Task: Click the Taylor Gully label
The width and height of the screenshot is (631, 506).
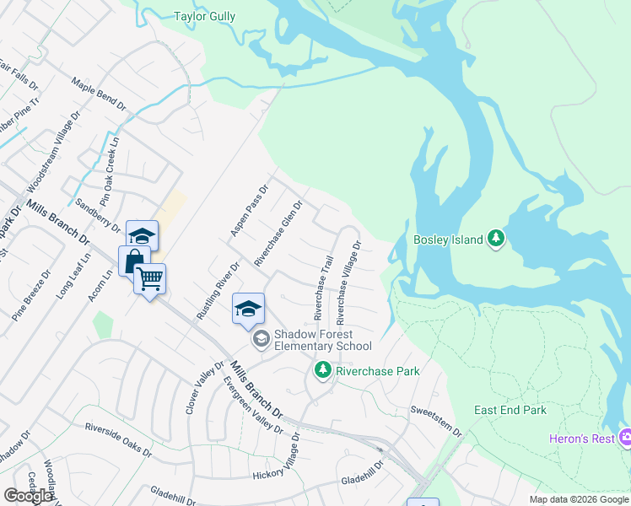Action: click(x=204, y=16)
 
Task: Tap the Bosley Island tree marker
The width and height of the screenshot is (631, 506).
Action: click(x=497, y=240)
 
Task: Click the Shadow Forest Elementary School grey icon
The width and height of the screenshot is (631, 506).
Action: click(x=261, y=339)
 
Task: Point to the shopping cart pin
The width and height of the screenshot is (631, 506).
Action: click(x=150, y=278)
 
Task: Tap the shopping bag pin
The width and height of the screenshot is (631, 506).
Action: click(x=134, y=261)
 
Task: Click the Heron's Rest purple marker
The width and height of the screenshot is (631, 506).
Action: click(x=625, y=438)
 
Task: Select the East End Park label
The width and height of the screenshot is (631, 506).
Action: click(x=510, y=411)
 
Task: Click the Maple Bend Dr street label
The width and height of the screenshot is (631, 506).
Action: click(x=98, y=96)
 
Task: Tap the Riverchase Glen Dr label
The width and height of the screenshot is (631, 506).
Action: click(x=278, y=234)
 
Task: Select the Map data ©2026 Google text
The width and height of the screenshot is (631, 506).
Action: click(x=579, y=499)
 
